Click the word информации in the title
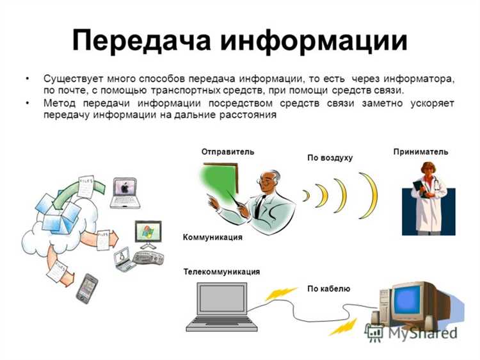(x=314, y=41)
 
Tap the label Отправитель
(x=228, y=152)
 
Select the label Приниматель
(x=420, y=152)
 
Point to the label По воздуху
(x=330, y=157)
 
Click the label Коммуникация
(x=212, y=237)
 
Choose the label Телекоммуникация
(x=221, y=272)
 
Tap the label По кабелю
(x=328, y=289)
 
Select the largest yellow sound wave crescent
(x=370, y=196)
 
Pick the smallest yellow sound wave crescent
(x=306, y=196)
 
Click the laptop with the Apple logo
(x=124, y=193)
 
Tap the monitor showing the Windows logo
(x=148, y=233)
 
